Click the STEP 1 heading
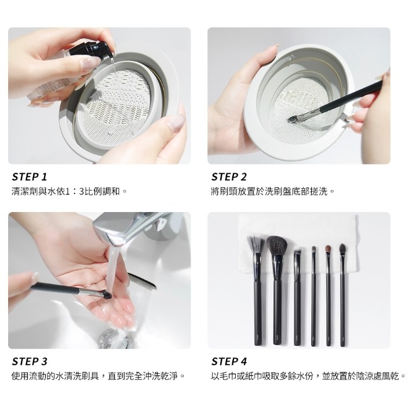click(30, 177)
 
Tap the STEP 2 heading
click(229, 177)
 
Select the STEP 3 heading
click(30, 362)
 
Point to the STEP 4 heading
click(229, 362)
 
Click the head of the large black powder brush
click(277, 246)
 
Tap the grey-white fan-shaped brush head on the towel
click(255, 244)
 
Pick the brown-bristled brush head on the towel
click(328, 250)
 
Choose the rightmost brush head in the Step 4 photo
click(342, 249)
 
